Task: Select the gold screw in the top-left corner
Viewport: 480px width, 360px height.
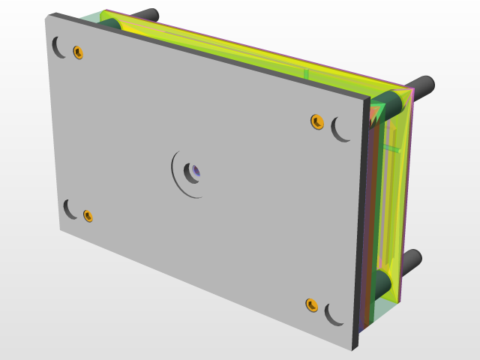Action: [78, 52]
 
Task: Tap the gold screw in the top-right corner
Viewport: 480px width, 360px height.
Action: [317, 121]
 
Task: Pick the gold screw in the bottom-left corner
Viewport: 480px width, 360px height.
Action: [88, 216]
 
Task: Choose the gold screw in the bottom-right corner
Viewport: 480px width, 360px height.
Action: [312, 305]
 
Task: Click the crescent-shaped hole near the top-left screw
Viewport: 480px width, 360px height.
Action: [57, 47]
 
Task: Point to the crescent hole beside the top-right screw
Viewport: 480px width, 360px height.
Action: [340, 130]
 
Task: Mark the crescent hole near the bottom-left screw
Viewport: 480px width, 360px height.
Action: [69, 208]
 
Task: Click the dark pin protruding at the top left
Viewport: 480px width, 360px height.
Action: [147, 15]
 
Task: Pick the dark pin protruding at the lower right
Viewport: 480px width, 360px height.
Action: [410, 259]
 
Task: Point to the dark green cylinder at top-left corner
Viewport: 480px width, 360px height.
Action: [109, 23]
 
